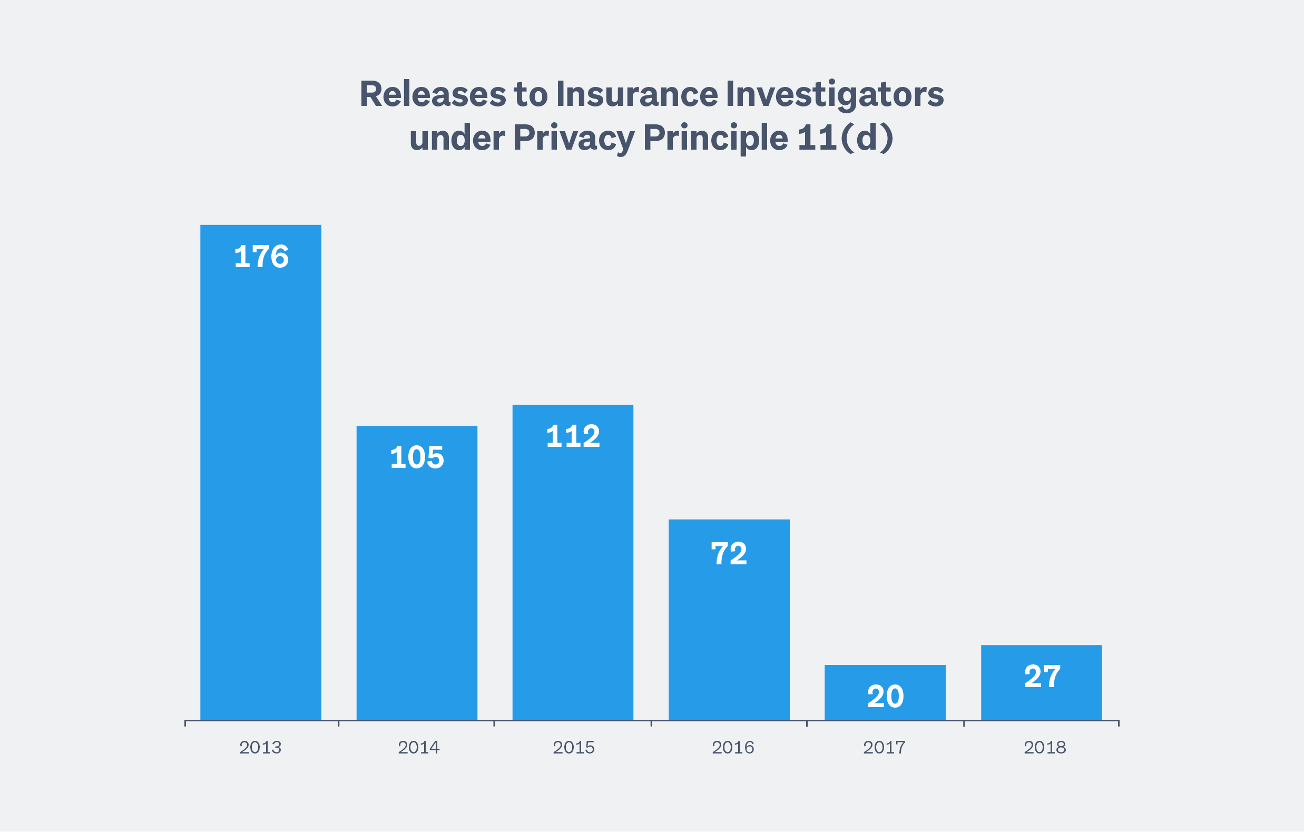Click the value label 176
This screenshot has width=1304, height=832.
click(261, 257)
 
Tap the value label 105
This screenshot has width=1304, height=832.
click(417, 458)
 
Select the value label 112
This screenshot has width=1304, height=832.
click(573, 437)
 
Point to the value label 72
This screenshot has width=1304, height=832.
click(729, 554)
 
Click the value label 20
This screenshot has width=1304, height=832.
click(885, 697)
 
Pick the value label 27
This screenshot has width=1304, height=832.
click(1042, 677)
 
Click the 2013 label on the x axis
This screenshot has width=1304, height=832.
click(260, 748)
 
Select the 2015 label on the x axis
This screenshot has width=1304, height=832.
click(573, 748)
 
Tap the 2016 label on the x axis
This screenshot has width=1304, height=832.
click(733, 748)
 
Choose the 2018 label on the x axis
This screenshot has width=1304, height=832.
click(1045, 748)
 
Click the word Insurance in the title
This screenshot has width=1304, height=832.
click(637, 94)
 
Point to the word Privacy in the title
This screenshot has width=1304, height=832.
click(573, 138)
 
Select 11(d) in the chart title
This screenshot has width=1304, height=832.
click(845, 138)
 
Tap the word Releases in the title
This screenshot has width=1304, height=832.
click(433, 94)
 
